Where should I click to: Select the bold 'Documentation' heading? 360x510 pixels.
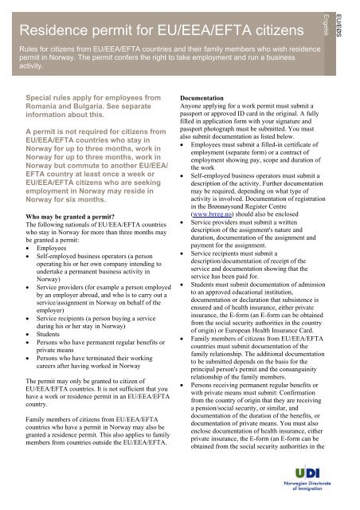(x=213, y=104)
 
